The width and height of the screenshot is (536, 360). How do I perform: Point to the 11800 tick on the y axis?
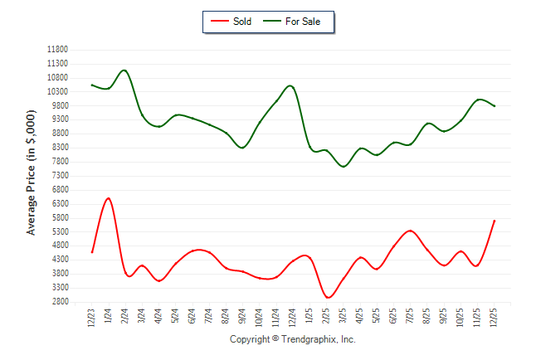point(57,50)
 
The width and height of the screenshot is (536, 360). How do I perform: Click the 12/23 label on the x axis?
point(92,317)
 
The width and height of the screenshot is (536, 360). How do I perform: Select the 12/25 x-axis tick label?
point(495,317)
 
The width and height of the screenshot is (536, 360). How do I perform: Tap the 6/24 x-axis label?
point(192,317)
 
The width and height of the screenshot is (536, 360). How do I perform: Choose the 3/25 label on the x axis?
point(344,317)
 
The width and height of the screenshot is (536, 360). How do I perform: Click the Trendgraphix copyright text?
point(292,339)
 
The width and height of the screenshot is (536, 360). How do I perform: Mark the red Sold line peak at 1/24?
point(109,198)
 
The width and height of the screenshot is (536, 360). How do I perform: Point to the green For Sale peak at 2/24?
point(124,71)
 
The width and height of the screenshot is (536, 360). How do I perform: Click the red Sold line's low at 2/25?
point(328,297)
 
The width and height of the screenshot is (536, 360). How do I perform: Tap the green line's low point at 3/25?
point(344,167)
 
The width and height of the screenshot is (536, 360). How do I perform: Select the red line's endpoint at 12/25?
point(495,221)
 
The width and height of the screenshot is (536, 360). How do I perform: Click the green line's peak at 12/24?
point(290,85)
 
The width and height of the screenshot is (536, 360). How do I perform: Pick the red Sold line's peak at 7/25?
point(410,231)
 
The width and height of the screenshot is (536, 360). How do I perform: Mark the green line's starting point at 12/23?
point(92,85)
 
